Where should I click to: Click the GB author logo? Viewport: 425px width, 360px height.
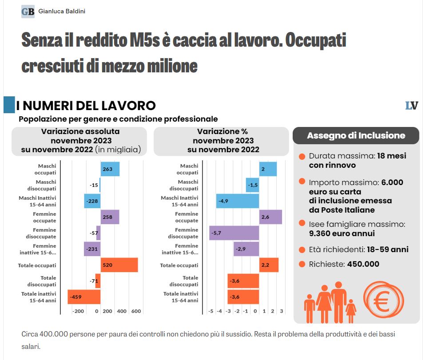pyautogui.click(x=28, y=11)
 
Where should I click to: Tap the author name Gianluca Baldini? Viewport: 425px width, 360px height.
pyautogui.click(x=61, y=11)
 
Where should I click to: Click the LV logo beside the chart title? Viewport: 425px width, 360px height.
pyautogui.click(x=412, y=106)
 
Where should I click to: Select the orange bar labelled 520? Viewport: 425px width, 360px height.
pyautogui.click(x=119, y=265)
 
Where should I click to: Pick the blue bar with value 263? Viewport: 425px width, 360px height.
pyautogui.click(x=110, y=169)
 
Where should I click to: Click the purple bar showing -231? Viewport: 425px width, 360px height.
pyautogui.click(x=92, y=249)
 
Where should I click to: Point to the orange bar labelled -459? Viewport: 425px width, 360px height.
pyautogui.click(x=84, y=297)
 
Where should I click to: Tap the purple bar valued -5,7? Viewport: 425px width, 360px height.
pyautogui.click(x=234, y=233)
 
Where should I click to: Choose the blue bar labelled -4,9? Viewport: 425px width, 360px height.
pyautogui.click(x=238, y=201)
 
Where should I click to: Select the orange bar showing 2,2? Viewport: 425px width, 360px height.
pyautogui.click(x=269, y=265)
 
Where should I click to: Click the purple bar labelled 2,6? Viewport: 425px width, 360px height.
pyautogui.click(x=270, y=217)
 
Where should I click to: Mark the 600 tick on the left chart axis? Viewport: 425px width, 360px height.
pyautogui.click(x=136, y=311)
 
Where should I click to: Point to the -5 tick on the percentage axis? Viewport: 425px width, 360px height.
pyautogui.click(x=211, y=311)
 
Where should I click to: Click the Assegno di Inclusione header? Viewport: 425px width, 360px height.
pyautogui.click(x=356, y=135)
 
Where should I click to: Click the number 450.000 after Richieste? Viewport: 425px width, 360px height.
pyautogui.click(x=363, y=264)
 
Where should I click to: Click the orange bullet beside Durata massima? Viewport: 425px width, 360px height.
pyautogui.click(x=302, y=157)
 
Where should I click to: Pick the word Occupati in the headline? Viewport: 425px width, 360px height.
pyautogui.click(x=315, y=41)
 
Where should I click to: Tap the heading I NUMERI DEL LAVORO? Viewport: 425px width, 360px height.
pyautogui.click(x=86, y=106)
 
